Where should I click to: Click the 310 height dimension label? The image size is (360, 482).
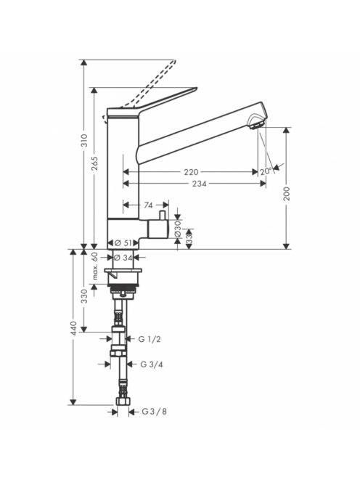click(x=84, y=140)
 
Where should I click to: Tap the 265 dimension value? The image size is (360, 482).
click(x=94, y=163)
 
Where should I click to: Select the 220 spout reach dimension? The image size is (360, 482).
click(x=191, y=172)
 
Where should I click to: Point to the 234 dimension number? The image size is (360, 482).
click(x=199, y=184)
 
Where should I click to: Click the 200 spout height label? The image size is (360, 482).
click(x=287, y=194)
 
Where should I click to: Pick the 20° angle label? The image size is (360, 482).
click(x=266, y=171)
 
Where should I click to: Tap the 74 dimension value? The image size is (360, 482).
click(x=148, y=205)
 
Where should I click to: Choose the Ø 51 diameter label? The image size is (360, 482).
click(x=123, y=243)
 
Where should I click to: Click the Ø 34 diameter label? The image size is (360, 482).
click(x=123, y=258)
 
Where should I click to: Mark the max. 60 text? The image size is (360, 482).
click(x=95, y=266)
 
